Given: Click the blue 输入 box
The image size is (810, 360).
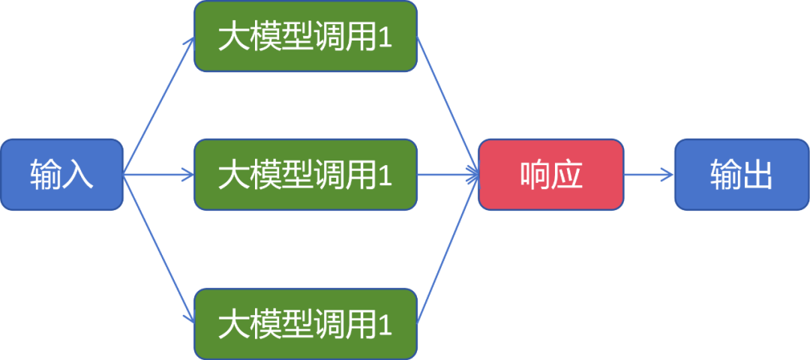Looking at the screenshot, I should [61, 174].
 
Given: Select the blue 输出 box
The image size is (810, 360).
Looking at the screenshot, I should [741, 174].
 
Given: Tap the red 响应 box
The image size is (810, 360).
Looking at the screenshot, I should [550, 174].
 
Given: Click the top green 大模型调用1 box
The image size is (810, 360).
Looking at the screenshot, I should [305, 37].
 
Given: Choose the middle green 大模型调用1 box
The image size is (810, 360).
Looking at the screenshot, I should [305, 174].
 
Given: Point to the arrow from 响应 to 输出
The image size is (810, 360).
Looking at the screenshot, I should [649, 175].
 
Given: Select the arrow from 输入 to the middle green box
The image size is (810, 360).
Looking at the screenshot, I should [159, 175].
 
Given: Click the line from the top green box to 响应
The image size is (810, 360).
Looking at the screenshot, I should [448, 105].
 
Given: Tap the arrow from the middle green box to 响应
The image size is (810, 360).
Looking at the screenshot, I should [448, 175].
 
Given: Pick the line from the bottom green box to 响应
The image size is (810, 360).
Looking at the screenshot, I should [448, 247].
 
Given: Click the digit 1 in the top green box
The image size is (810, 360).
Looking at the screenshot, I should [385, 37].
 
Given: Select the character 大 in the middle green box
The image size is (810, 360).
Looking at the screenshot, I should [232, 175].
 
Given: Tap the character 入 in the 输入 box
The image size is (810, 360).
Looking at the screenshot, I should [78, 174].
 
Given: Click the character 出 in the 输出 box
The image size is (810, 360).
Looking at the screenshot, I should [757, 174].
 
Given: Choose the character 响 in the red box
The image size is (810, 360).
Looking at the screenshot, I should [534, 174].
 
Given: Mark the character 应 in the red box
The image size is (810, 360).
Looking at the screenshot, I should [567, 174].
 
